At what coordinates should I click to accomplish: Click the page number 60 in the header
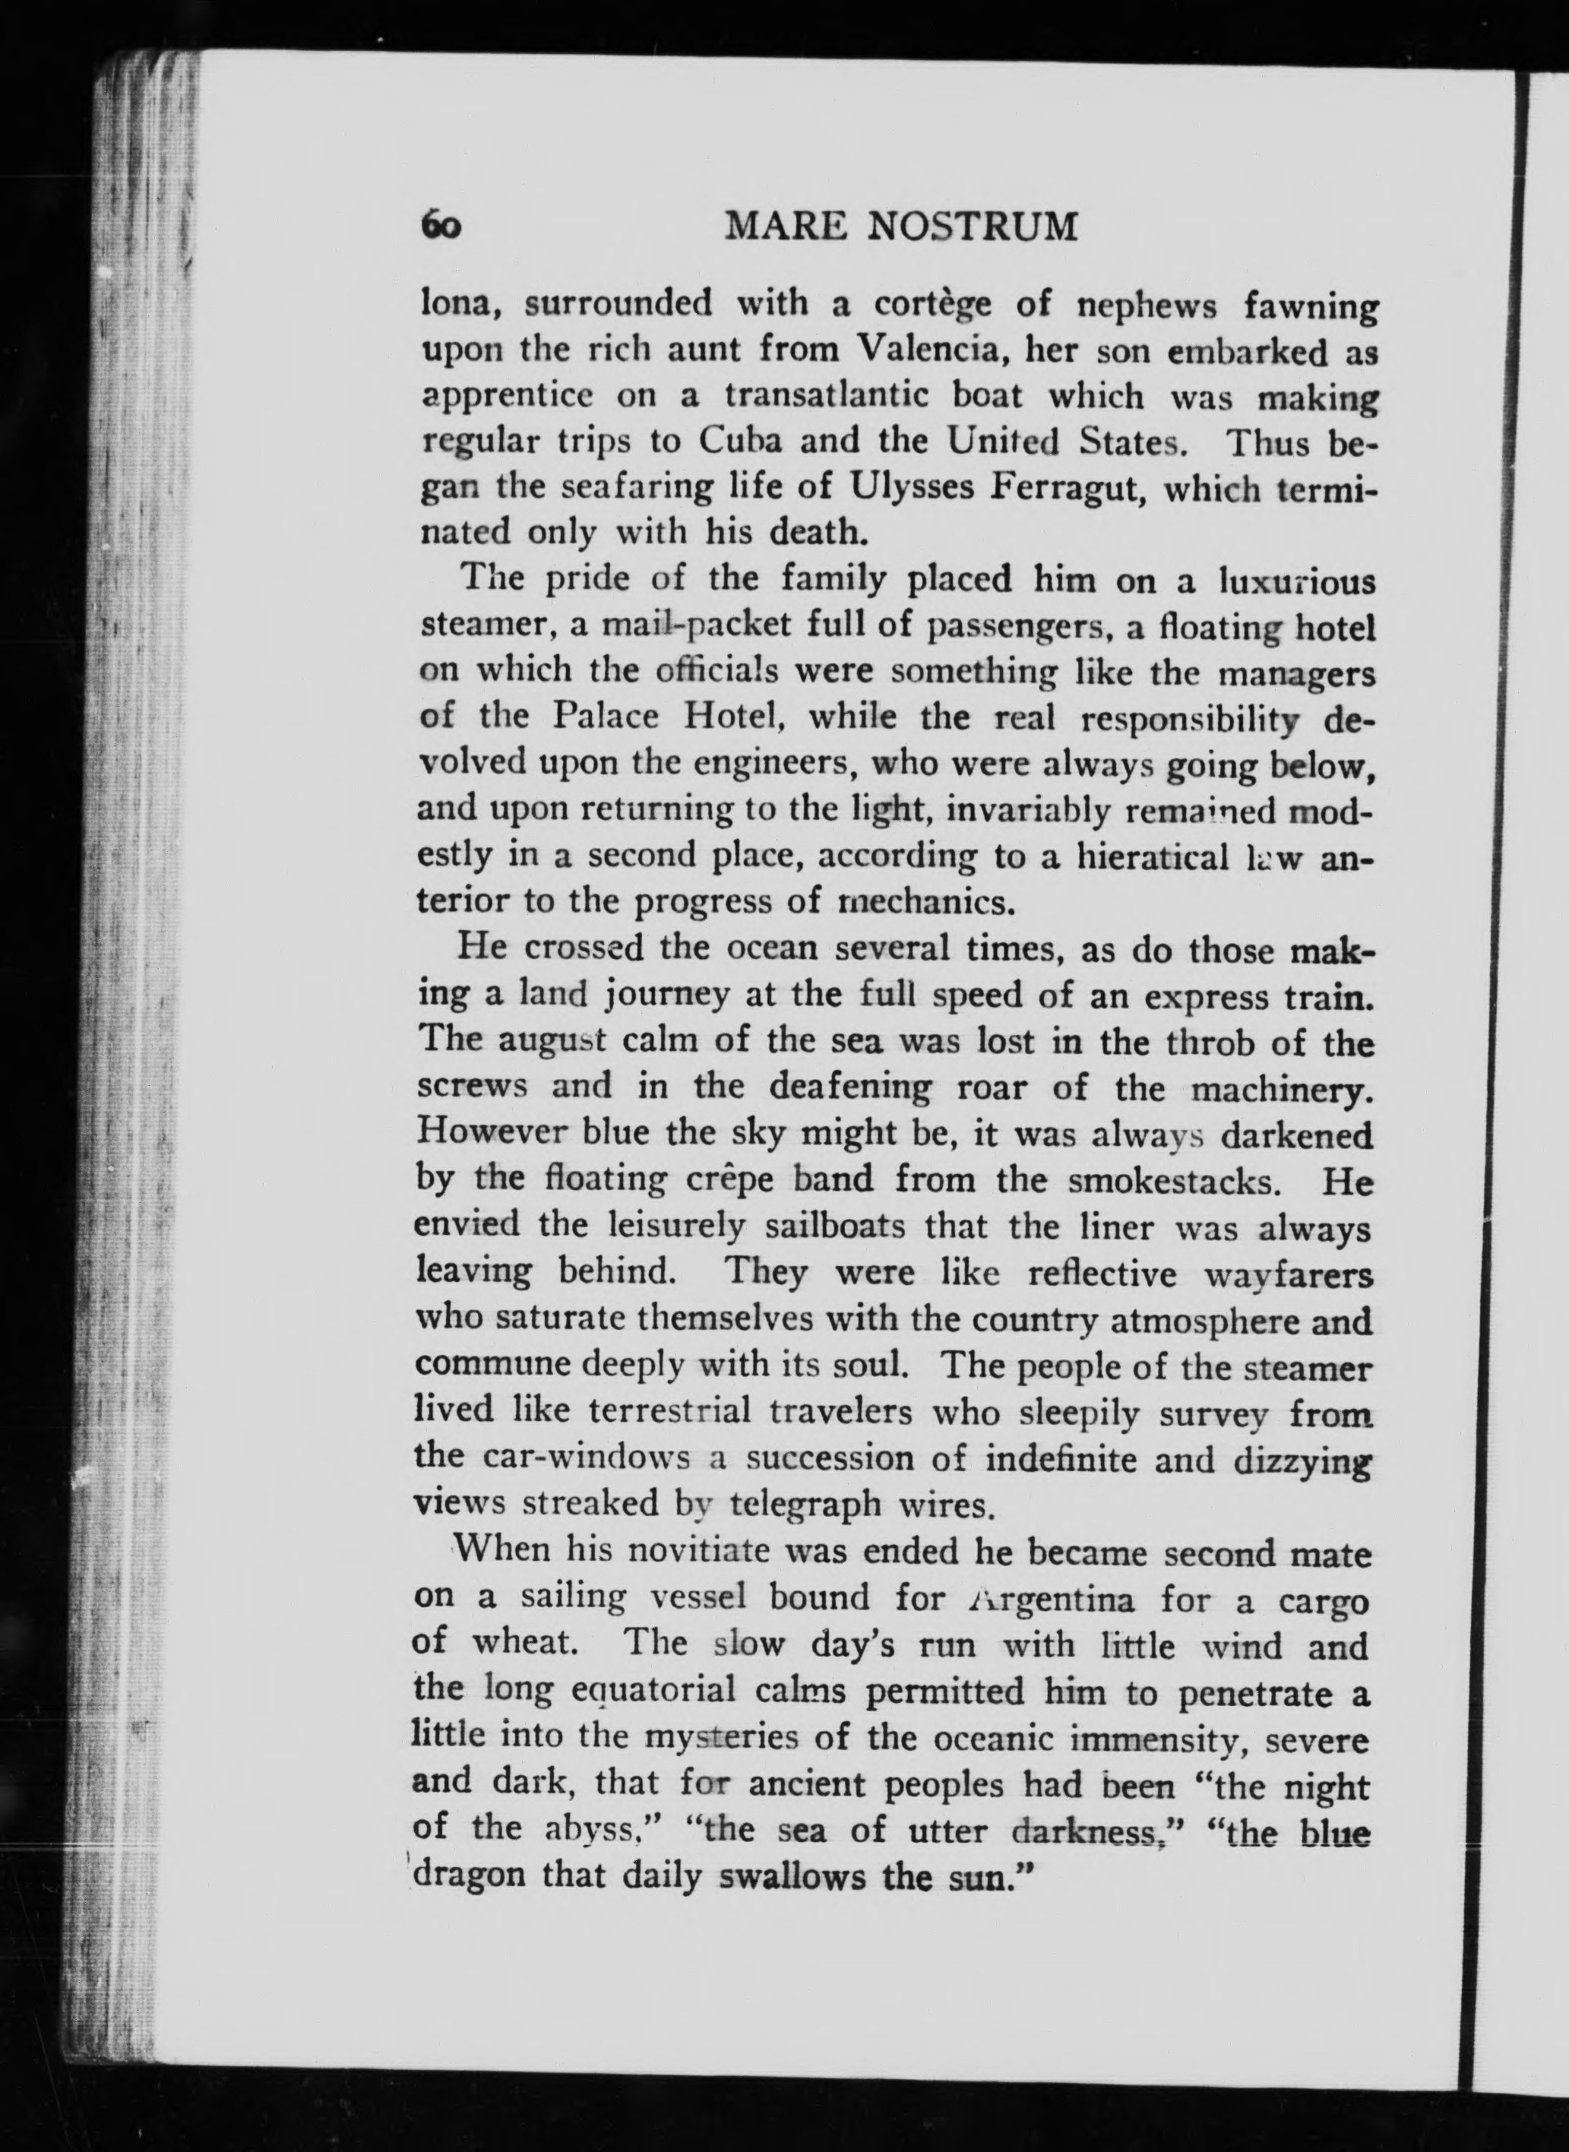tap(441, 228)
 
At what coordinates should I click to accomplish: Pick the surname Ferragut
tap(1064, 490)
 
